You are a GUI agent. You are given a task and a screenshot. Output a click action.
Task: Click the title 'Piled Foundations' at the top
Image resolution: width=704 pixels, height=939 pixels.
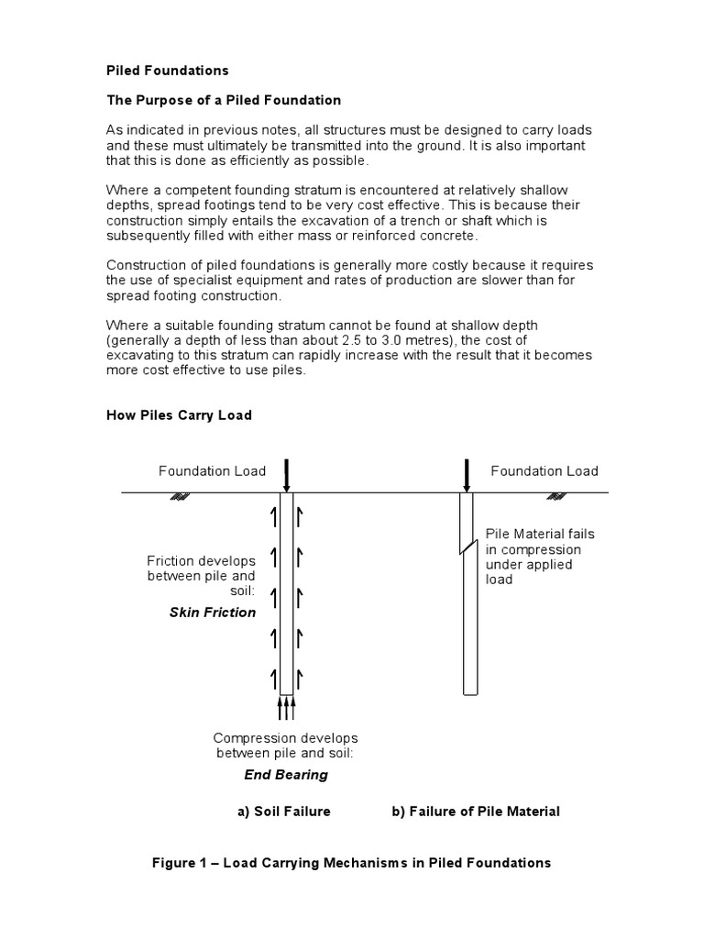click(168, 71)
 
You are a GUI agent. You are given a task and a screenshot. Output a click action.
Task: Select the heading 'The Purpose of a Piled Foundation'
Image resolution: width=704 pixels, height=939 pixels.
click(224, 100)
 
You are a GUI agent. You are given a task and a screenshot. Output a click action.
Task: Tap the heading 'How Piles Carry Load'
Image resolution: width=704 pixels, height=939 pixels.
click(179, 414)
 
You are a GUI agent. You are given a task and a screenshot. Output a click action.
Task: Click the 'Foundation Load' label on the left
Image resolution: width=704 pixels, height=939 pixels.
click(212, 471)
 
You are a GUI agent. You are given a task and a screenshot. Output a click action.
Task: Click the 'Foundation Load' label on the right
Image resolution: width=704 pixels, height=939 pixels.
click(544, 471)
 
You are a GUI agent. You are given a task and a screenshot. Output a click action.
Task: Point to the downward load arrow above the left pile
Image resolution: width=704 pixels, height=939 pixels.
click(287, 475)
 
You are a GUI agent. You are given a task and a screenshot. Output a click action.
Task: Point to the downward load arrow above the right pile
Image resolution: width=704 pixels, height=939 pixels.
click(467, 475)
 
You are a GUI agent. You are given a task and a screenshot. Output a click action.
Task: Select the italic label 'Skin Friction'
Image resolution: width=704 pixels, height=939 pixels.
click(213, 613)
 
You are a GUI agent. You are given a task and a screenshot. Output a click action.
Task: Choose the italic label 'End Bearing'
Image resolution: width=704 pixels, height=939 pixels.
click(285, 775)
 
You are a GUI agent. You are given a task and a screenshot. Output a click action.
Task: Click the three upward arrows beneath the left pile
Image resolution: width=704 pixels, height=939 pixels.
click(287, 708)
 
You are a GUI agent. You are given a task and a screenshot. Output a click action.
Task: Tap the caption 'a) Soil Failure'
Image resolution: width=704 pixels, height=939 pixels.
click(284, 812)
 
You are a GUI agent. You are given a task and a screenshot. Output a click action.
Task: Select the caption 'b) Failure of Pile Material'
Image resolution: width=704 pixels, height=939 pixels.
click(476, 812)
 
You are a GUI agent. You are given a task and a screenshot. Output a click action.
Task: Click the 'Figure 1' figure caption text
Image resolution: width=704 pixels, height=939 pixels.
click(351, 863)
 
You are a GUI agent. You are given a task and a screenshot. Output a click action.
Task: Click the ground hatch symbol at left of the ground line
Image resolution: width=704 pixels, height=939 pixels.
click(181, 497)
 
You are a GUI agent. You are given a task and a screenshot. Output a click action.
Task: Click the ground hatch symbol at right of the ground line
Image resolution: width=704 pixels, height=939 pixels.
click(555, 497)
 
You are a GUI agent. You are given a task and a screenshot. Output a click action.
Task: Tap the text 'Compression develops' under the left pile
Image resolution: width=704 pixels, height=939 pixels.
click(285, 738)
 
